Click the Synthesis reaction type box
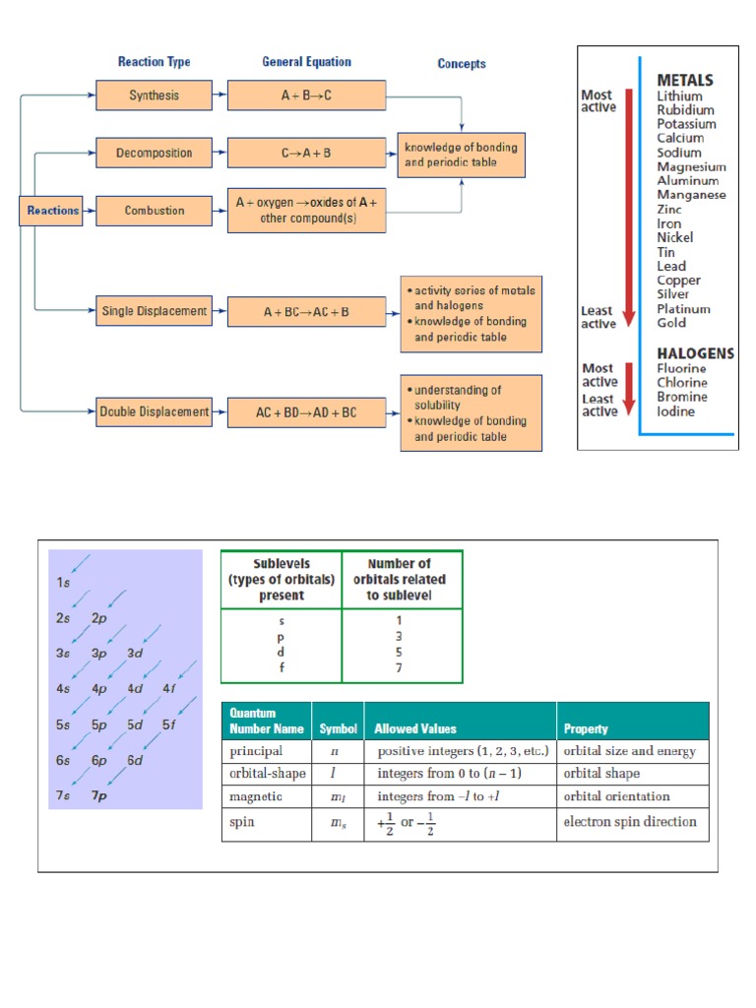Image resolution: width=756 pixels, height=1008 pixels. coord(154,95)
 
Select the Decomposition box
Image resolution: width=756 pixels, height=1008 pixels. coord(154,153)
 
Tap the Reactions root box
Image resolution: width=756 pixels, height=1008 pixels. coord(52,211)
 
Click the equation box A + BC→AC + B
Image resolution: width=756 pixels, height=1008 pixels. coord(306,312)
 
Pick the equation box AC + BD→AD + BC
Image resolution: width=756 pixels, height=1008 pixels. coord(306,412)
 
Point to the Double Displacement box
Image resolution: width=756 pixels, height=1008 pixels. coord(154,411)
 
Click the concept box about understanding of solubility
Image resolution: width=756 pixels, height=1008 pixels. coord(471,412)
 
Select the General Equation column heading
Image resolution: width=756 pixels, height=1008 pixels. coord(305,62)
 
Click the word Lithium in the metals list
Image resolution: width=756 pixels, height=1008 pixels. coord(679,96)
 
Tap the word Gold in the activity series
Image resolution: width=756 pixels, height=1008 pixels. coord(671,323)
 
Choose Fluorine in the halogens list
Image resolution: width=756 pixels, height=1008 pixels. coord(682,368)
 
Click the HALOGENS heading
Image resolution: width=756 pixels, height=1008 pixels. coord(695,352)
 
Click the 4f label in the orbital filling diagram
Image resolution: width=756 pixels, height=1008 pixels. coord(168,688)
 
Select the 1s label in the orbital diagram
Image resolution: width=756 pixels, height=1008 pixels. coord(64,583)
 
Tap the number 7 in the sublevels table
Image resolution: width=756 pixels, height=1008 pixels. coord(399,666)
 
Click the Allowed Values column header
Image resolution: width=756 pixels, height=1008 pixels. coord(414,729)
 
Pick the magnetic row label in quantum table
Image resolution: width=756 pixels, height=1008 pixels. coord(256,796)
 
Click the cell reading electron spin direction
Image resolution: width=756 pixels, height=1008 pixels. coord(629,821)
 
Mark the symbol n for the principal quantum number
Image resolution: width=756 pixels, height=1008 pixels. coord(335,751)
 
